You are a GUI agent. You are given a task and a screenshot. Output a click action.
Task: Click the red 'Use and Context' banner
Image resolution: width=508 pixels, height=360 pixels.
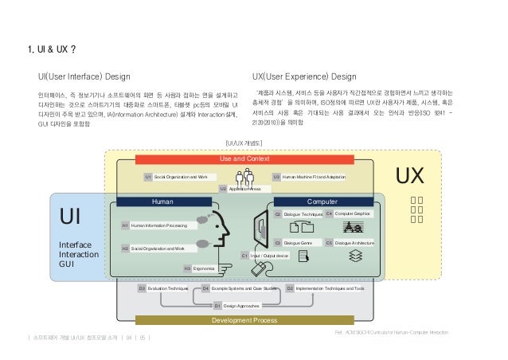click(244, 158)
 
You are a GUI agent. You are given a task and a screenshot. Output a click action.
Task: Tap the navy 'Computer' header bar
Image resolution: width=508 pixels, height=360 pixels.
click(322, 202)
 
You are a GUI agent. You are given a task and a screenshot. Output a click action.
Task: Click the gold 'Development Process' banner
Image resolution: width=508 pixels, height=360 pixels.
click(244, 320)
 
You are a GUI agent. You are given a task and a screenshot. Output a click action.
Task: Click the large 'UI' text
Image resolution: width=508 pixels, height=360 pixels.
click(74, 217)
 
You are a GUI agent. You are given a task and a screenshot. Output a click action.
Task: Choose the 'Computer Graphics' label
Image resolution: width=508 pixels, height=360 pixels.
click(352, 214)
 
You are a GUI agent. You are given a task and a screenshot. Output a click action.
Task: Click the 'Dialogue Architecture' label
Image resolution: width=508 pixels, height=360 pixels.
click(354, 242)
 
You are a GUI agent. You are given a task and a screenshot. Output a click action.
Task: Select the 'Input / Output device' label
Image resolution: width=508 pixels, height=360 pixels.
click(269, 256)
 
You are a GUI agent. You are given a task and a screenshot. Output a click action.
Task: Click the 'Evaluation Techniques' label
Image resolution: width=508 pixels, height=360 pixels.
click(166, 288)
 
